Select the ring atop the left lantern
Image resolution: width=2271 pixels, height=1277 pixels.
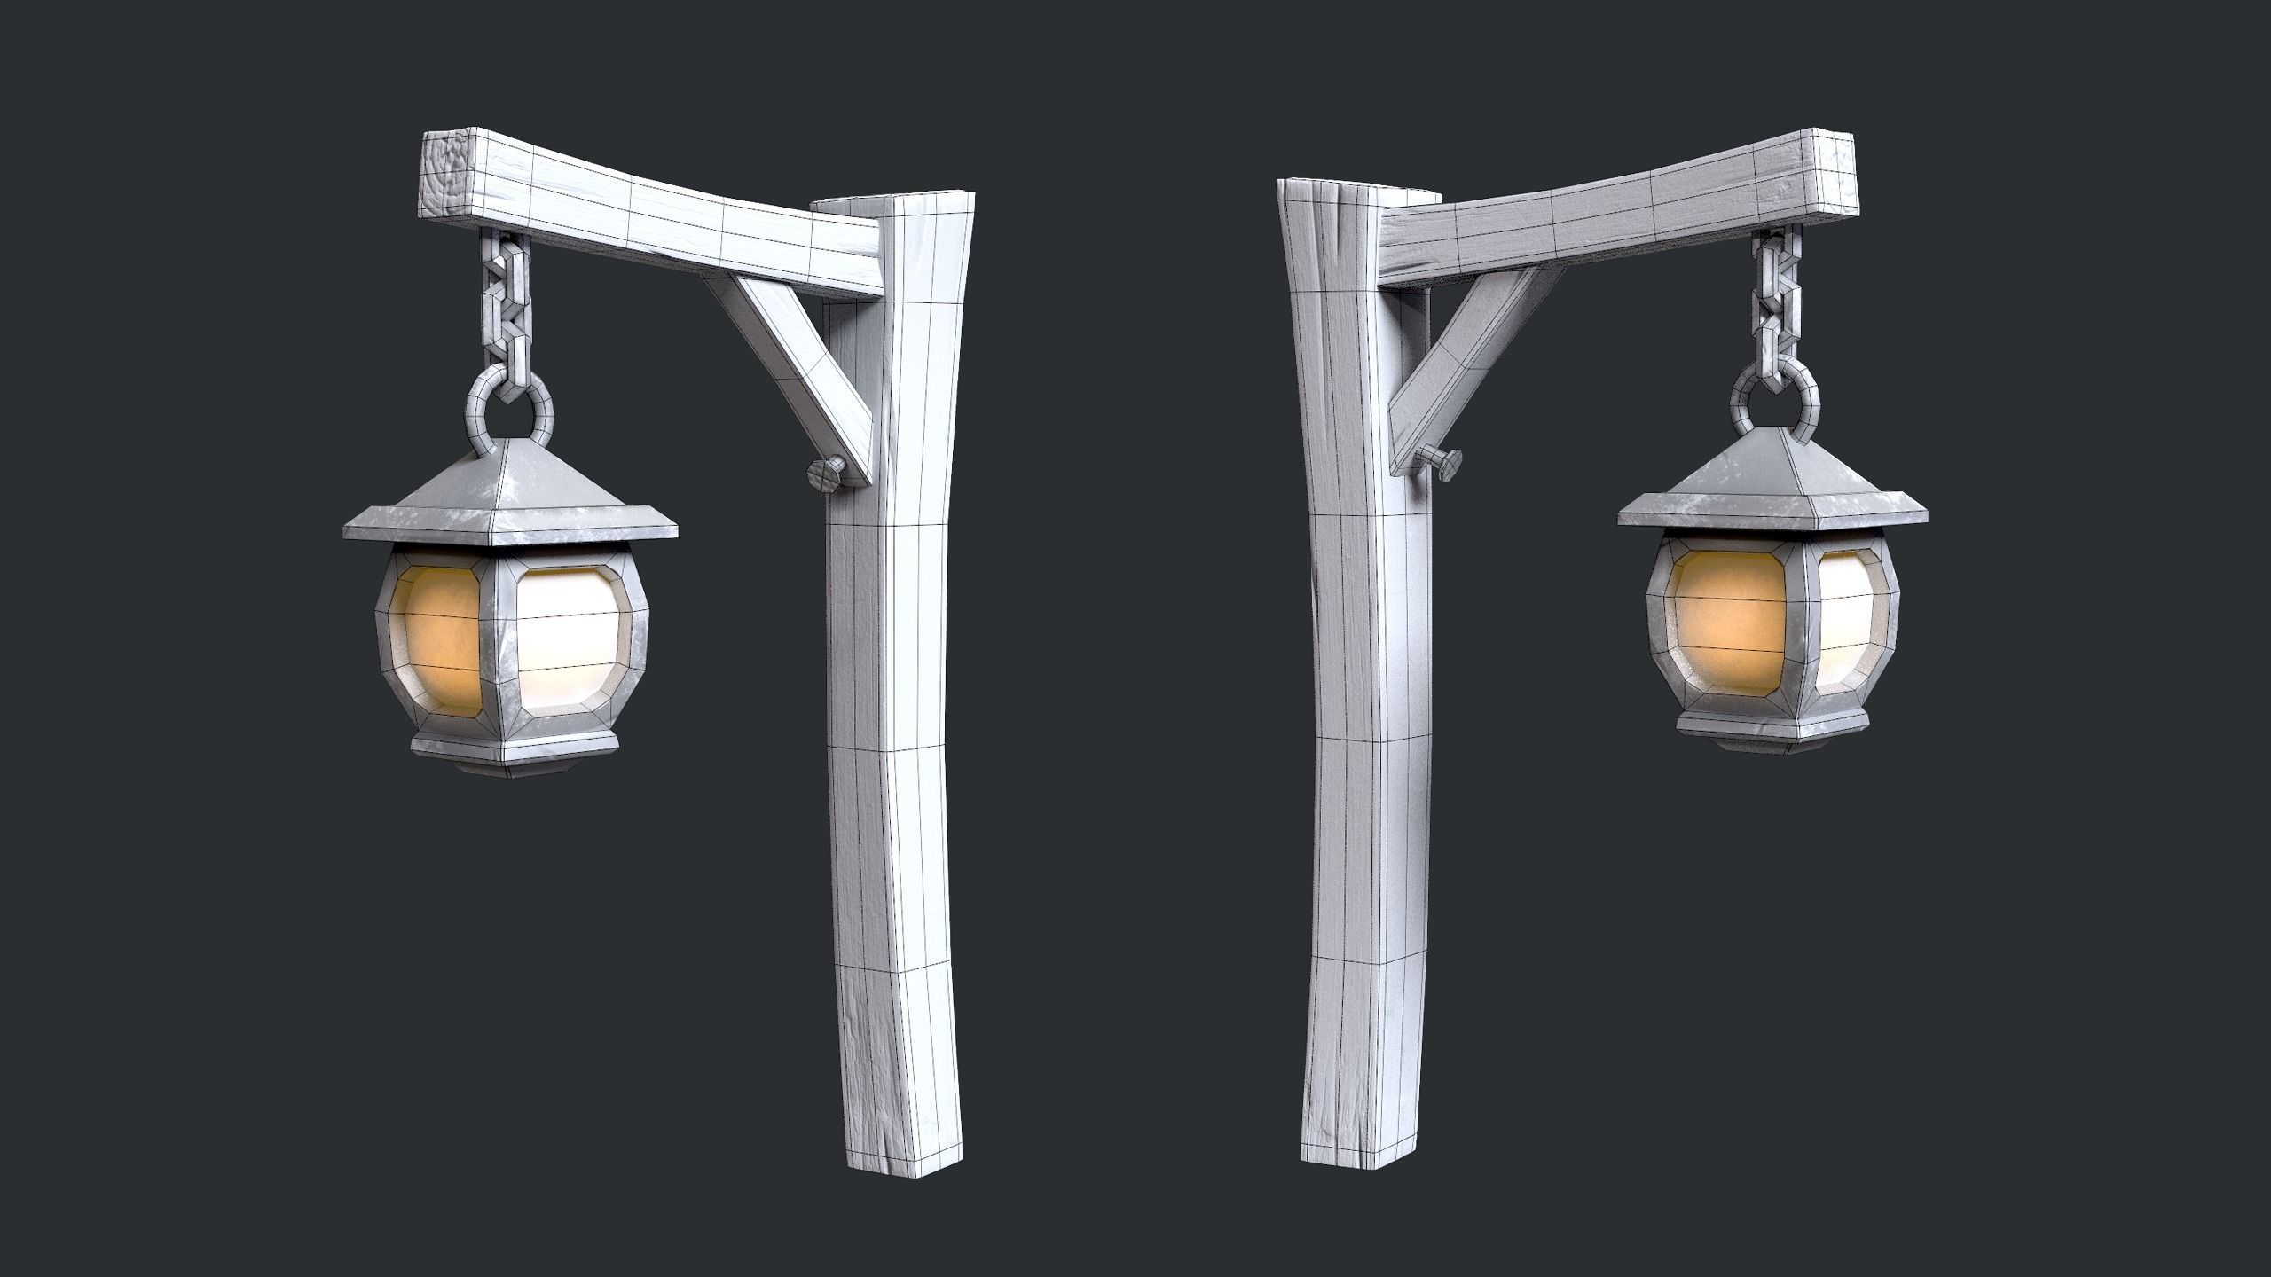tap(509, 411)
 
